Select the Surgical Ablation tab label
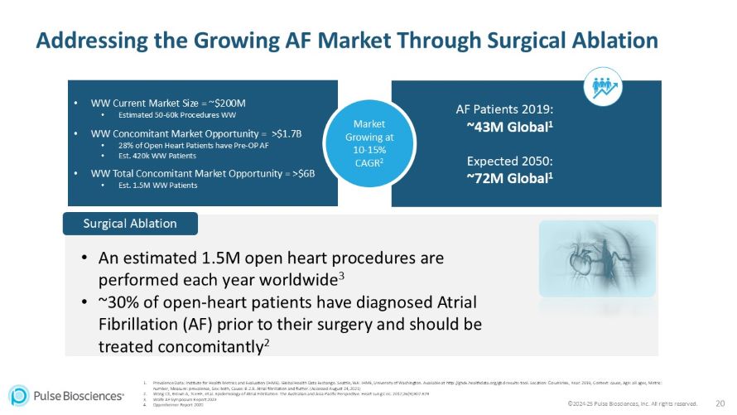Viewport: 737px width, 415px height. (130, 224)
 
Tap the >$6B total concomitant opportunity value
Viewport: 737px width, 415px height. (302, 173)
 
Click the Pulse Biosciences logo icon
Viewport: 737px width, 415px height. (19, 395)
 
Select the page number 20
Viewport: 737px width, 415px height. (719, 403)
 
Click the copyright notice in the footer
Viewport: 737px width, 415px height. (633, 403)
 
